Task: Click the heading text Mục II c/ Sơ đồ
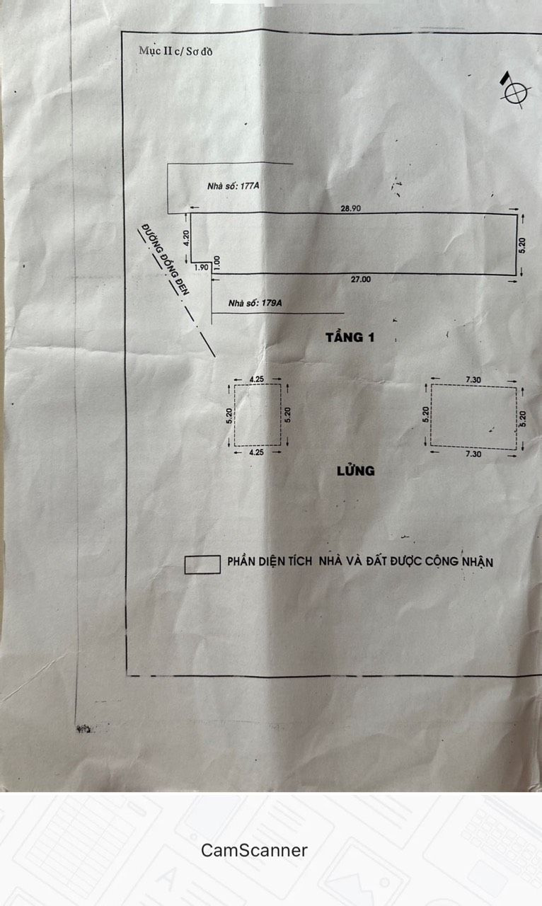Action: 175,52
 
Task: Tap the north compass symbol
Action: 515,91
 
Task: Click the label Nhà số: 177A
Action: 233,186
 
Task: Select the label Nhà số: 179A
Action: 255,303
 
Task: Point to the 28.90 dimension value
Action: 351,208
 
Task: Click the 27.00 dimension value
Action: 360,279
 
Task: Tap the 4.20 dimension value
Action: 185,238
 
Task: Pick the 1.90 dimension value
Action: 202,268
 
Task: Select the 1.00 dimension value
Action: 217,262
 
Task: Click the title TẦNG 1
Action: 350,338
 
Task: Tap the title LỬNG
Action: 356,471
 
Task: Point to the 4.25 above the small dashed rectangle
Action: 257,379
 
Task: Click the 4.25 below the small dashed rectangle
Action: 256,452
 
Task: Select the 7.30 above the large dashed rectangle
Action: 473,379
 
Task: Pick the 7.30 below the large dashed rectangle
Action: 473,454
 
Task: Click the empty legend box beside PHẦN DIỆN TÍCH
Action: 202,565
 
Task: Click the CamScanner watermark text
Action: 254,850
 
